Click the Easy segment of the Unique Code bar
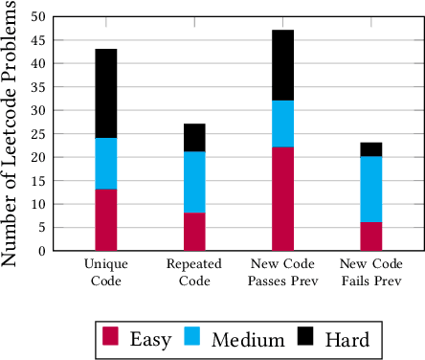pos(106,220)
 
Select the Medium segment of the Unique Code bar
pos(106,164)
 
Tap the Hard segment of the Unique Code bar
pos(106,93)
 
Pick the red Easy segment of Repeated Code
pos(194,232)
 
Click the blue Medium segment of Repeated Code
pos(194,182)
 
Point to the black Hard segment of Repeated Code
pos(194,138)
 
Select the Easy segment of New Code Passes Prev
pos(282,199)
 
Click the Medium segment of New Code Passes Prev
pos(282,124)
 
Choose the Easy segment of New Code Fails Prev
pos(370,236)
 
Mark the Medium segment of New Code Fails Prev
pos(370,190)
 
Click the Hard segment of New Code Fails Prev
pos(370,149)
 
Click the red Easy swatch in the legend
pos(112,337)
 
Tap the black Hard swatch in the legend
pos(304,337)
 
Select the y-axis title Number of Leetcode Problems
pos(11,134)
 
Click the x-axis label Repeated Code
pos(194,272)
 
